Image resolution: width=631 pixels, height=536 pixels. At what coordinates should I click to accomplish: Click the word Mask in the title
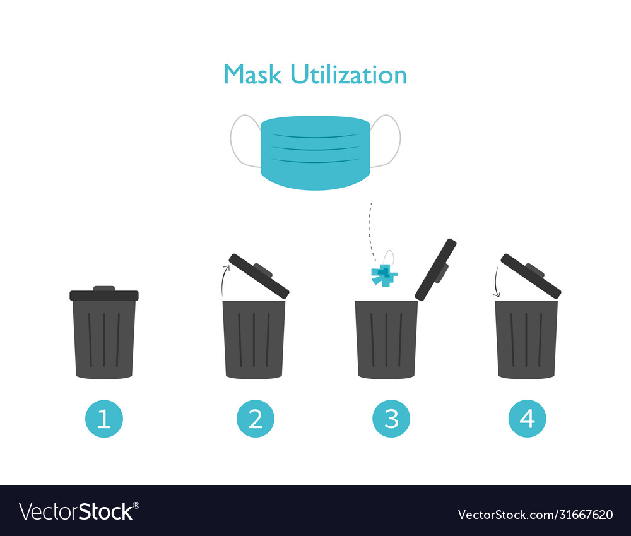click(253, 74)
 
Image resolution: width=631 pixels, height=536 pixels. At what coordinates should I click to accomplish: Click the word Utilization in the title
click(348, 74)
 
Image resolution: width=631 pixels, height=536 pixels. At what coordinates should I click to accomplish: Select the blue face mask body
click(315, 152)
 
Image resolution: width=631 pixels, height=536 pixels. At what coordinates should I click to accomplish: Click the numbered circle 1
click(104, 419)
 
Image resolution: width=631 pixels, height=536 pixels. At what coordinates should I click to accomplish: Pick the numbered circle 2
click(256, 419)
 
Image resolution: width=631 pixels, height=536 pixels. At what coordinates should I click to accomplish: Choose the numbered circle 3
click(391, 419)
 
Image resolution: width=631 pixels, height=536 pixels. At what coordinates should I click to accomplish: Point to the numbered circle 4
click(528, 419)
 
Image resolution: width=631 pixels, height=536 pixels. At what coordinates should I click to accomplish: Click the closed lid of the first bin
click(104, 295)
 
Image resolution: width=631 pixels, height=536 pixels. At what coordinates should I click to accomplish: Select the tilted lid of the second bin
click(259, 276)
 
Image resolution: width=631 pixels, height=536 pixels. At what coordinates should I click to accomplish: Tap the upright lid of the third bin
click(435, 270)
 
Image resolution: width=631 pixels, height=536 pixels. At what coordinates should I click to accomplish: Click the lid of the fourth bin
click(531, 276)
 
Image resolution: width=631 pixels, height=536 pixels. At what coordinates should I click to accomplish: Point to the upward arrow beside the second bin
click(223, 280)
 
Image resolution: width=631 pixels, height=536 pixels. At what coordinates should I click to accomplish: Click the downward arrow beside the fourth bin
click(497, 282)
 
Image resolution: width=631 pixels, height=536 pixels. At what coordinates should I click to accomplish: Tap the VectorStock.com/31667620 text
click(535, 514)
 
